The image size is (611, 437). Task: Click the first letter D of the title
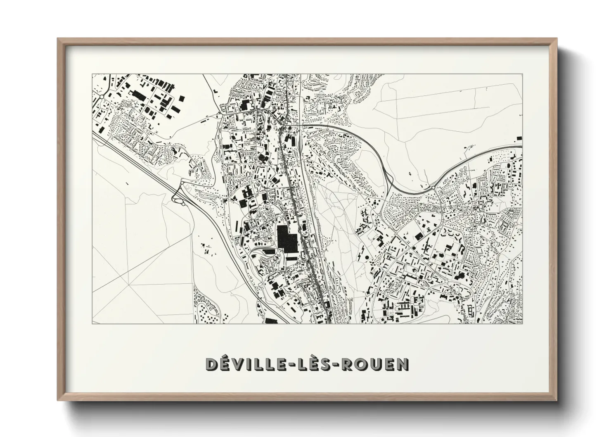point(212,364)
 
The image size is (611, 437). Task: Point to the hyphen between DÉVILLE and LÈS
point(294,365)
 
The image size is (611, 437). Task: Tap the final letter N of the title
point(403,364)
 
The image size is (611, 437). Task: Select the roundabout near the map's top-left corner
point(102,97)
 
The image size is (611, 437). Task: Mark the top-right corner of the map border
point(522,74)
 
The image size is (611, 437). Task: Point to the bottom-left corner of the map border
point(92,323)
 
